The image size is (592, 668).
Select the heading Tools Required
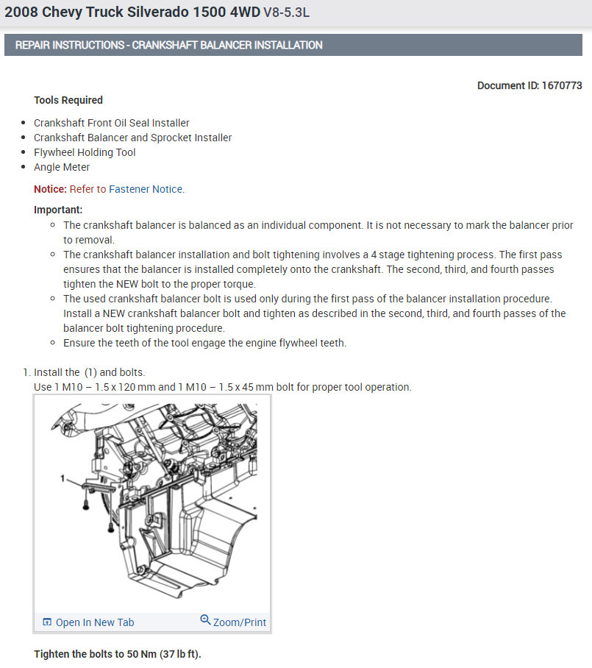(x=68, y=100)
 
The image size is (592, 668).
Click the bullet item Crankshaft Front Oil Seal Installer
(x=112, y=123)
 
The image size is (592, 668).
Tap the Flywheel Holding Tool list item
(x=85, y=152)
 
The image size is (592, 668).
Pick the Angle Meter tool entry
(x=62, y=167)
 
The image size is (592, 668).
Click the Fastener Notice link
(x=146, y=189)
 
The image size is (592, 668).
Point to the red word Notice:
(x=50, y=189)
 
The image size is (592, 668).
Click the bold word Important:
(x=58, y=210)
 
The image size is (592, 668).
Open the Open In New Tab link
(x=95, y=622)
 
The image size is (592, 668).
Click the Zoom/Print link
(x=240, y=622)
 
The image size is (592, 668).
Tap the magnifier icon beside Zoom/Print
(x=205, y=621)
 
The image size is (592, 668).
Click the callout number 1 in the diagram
(x=65, y=478)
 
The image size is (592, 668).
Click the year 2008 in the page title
(x=20, y=14)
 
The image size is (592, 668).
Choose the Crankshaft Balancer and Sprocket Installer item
(x=132, y=138)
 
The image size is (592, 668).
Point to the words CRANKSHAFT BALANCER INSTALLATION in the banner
(x=227, y=45)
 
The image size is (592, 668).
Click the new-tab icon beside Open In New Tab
(x=47, y=622)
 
